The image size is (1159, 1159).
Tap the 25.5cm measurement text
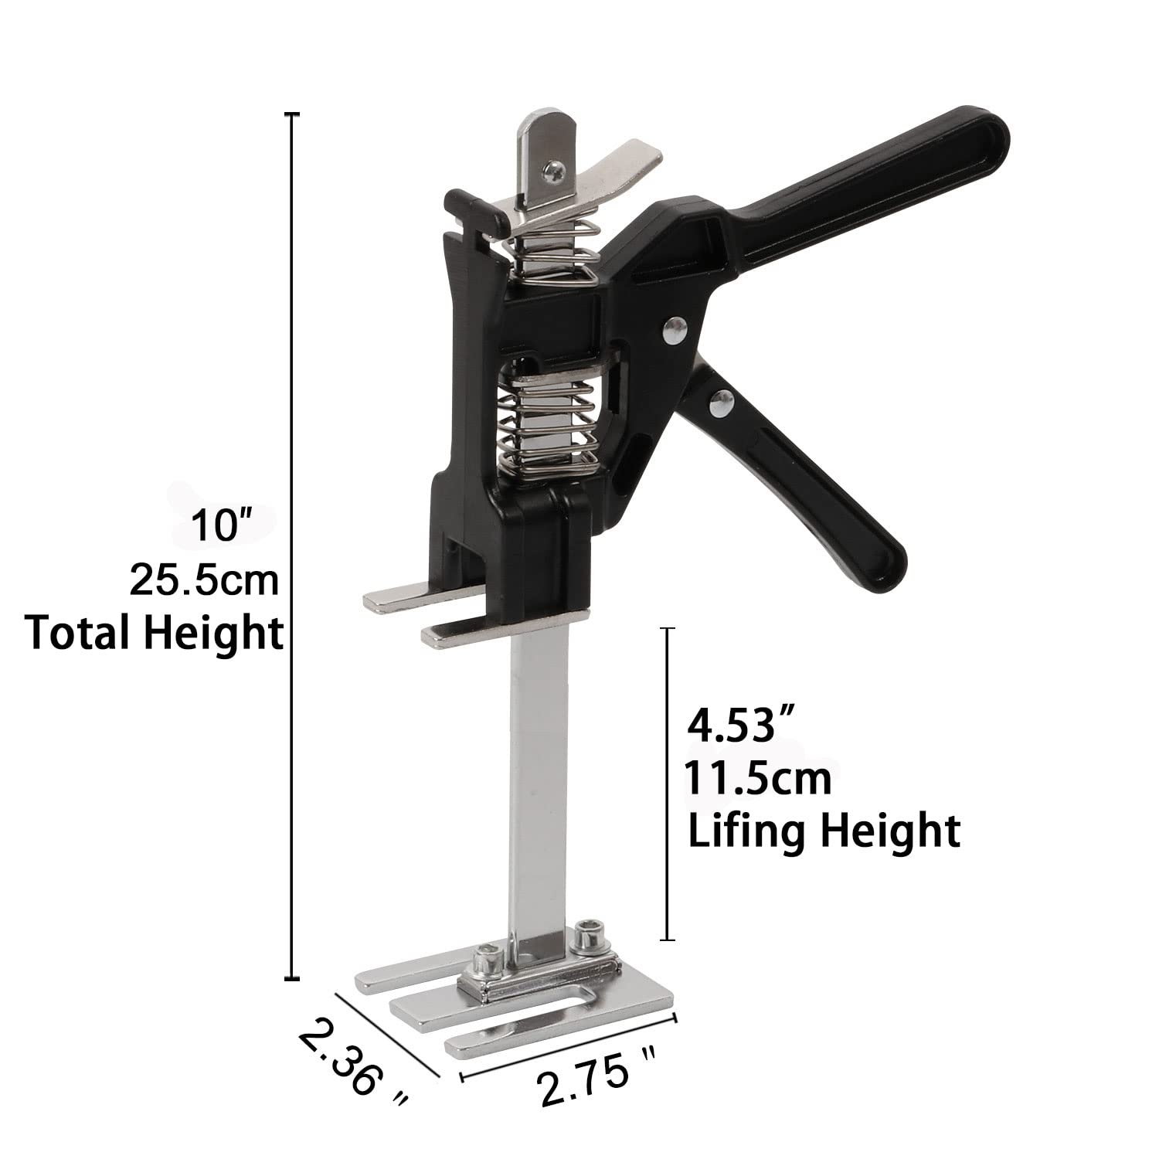pos(204,579)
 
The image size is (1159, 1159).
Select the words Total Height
pos(154,633)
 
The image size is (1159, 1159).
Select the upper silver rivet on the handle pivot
pos(677,331)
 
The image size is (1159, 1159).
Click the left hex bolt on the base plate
pos(489,958)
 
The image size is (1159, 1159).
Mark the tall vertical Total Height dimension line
pos(293,541)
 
